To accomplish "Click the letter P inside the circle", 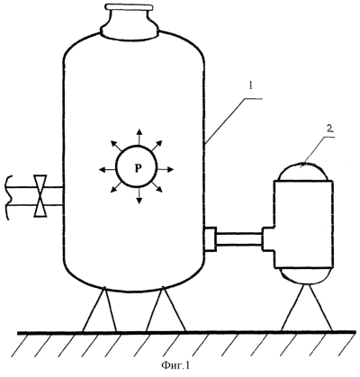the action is pyautogui.click(x=137, y=169).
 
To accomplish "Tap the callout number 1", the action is pyautogui.click(x=249, y=86).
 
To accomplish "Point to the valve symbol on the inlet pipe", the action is pyautogui.click(x=40, y=195).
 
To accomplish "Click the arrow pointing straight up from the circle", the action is pyautogui.click(x=139, y=137).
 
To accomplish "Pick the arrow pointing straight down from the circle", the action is pyautogui.click(x=139, y=196).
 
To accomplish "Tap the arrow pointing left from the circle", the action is pyautogui.click(x=107, y=170).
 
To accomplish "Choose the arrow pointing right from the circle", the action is pyautogui.click(x=166, y=169).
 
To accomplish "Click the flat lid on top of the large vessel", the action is pyautogui.click(x=129, y=6).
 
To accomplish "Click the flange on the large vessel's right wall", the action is pyautogui.click(x=211, y=239).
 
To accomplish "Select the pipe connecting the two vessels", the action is pyautogui.click(x=239, y=239).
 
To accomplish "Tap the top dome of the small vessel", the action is pyautogui.click(x=304, y=172).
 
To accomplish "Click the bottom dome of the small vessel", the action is pyautogui.click(x=304, y=275).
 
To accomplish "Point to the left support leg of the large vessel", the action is pyautogui.click(x=100, y=310).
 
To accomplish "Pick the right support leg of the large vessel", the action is pyautogui.click(x=165, y=310).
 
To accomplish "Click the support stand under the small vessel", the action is pyautogui.click(x=306, y=307).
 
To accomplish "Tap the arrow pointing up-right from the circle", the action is pyautogui.click(x=156, y=146).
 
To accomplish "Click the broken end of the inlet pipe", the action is pyautogui.click(x=11, y=197).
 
